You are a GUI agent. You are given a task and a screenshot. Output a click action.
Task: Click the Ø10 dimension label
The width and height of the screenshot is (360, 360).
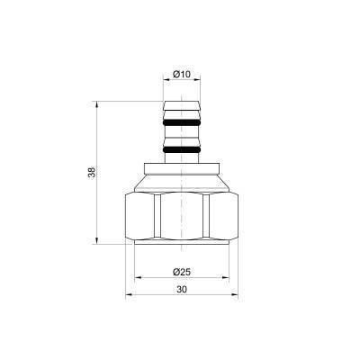pyautogui.click(x=180, y=74)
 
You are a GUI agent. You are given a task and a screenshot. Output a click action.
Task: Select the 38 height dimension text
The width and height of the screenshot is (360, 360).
pyautogui.click(x=91, y=173)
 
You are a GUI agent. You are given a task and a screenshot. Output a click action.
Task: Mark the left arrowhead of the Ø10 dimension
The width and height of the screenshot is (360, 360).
pyautogui.click(x=166, y=82)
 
